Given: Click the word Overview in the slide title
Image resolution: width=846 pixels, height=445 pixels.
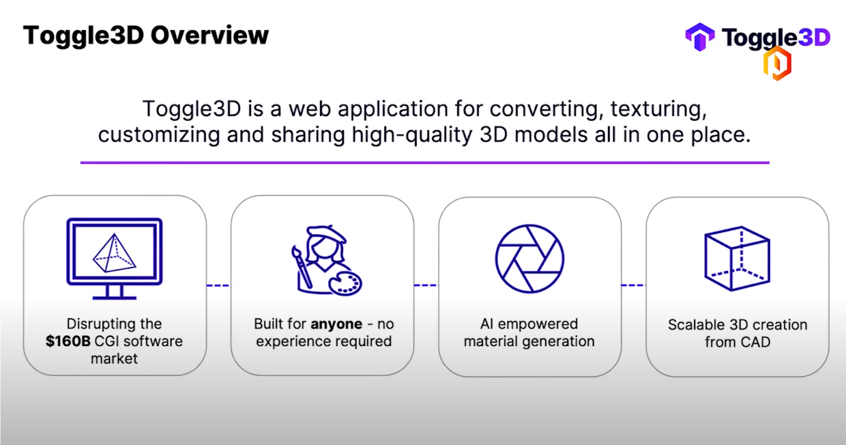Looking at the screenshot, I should [209, 35].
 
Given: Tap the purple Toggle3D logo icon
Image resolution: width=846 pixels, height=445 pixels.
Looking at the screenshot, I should [699, 37].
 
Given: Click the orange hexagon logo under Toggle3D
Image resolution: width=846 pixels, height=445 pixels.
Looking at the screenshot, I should [777, 63].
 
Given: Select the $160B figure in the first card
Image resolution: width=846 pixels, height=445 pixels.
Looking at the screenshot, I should [68, 341].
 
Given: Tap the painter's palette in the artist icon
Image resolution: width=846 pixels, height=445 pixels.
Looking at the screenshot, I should [345, 284].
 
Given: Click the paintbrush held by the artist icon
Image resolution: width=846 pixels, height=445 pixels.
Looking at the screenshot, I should [302, 267].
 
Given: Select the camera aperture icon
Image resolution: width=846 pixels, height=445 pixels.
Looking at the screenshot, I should [529, 259].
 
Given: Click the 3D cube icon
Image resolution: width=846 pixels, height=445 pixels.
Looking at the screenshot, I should [737, 259].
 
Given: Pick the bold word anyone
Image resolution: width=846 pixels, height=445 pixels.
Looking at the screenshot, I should [336, 324].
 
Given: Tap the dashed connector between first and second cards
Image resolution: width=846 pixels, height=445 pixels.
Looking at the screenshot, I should [218, 286].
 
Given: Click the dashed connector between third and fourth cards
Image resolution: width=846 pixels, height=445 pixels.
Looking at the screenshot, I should [632, 286].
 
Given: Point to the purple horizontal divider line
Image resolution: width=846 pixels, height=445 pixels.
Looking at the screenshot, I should [425, 162].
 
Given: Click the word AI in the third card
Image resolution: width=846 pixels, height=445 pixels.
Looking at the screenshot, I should [486, 324].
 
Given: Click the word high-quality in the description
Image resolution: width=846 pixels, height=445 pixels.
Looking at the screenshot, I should [412, 135].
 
